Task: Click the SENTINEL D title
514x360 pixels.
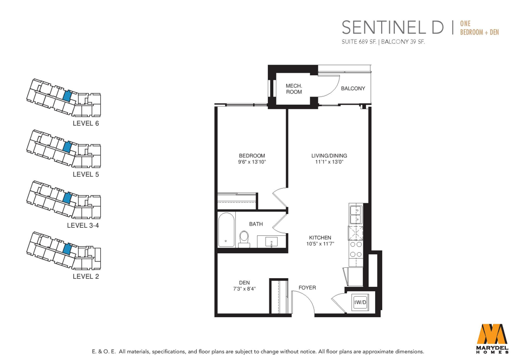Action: [x=393, y=27]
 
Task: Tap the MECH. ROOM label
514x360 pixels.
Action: [x=294, y=89]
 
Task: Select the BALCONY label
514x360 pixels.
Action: [x=353, y=88]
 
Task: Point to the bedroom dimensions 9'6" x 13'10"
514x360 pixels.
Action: [x=252, y=162]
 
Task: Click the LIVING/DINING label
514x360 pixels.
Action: [x=329, y=156]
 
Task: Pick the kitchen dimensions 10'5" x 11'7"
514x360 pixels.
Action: [x=320, y=243]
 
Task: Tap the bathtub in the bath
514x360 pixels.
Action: [x=226, y=230]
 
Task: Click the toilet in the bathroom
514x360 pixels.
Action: [x=244, y=239]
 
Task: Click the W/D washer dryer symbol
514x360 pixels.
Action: [x=360, y=303]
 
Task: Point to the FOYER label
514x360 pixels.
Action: [x=307, y=287]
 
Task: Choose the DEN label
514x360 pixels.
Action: [x=244, y=282]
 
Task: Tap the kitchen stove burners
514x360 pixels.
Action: [x=356, y=249]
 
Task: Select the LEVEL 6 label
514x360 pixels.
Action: [x=86, y=124]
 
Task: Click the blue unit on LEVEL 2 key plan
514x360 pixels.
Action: [x=67, y=249]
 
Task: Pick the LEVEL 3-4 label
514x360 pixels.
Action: [x=83, y=226]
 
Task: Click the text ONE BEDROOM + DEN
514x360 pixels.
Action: [x=479, y=28]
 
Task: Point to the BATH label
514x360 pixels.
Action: [x=256, y=224]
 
